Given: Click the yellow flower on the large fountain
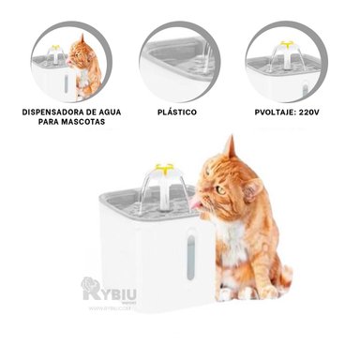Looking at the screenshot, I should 164,170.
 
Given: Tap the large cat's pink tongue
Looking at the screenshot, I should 195,202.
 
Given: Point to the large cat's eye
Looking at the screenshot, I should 221,187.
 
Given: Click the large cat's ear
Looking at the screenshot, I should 228,148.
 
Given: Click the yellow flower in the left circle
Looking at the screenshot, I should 56,46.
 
